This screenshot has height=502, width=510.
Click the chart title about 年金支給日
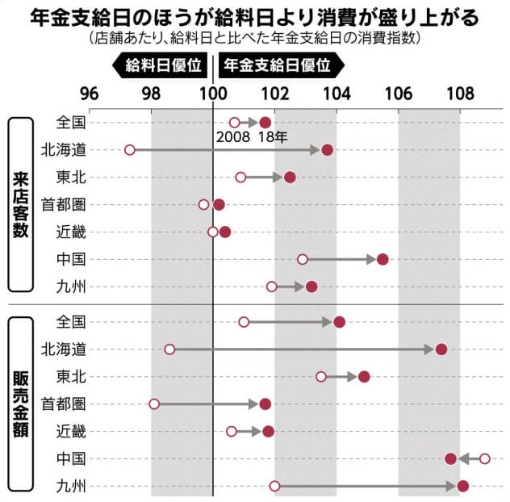(x=255, y=16)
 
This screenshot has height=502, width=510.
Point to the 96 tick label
(x=90, y=92)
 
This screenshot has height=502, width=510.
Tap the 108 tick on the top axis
(x=460, y=92)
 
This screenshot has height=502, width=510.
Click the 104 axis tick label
(x=337, y=92)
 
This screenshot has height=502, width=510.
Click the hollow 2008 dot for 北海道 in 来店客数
(x=130, y=150)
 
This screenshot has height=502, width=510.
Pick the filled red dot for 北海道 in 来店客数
(x=327, y=150)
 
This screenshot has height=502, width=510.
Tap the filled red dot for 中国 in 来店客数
(x=382, y=259)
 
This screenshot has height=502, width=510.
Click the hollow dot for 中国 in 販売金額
(x=484, y=458)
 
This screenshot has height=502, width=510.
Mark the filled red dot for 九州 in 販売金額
(x=462, y=486)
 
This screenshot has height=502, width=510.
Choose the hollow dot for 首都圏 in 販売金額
(x=154, y=404)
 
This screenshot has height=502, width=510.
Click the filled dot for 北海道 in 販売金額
(x=441, y=349)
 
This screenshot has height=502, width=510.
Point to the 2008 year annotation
(x=232, y=137)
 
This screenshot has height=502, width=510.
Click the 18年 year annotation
(x=272, y=137)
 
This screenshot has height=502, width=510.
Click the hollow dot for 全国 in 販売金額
(x=244, y=322)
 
